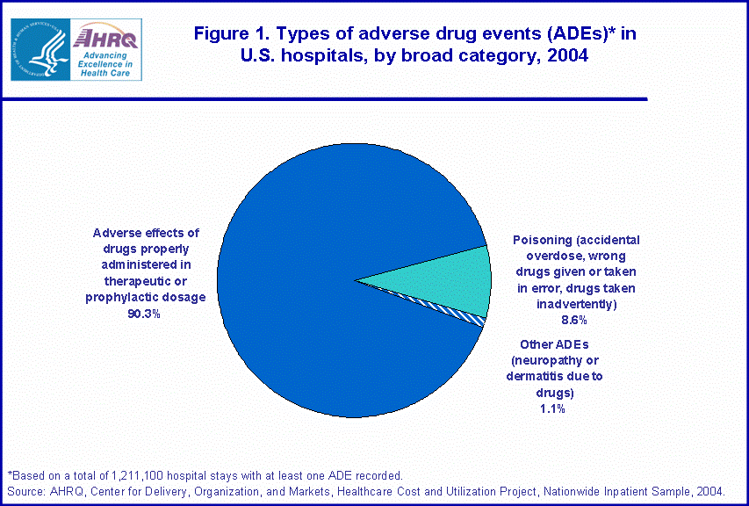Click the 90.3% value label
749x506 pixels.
tap(145, 313)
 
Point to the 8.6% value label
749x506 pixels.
tap(573, 320)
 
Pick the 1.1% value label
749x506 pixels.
tap(552, 408)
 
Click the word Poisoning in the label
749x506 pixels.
tap(541, 240)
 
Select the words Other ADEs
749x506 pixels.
tap(552, 344)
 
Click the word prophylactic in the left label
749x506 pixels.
tap(122, 297)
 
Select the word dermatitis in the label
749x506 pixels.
tap(535, 376)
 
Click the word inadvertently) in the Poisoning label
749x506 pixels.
tap(576, 304)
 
